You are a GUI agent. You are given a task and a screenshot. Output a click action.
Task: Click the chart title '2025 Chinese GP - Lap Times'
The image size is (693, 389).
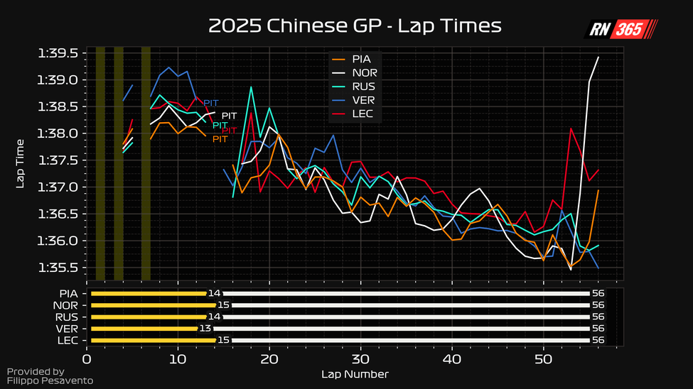[x=355, y=26]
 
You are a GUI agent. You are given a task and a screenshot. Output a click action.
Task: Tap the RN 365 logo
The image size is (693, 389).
[x=621, y=29]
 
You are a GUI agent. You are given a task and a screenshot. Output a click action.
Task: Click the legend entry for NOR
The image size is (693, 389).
[x=365, y=72]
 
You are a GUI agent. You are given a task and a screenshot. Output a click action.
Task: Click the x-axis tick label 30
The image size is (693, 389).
[x=360, y=359]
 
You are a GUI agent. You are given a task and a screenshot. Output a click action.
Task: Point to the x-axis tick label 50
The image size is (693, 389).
[x=543, y=359]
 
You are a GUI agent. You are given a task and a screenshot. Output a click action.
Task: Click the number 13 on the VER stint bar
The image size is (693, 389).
[x=205, y=329]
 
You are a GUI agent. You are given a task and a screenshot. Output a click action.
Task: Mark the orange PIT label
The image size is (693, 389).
[x=220, y=139]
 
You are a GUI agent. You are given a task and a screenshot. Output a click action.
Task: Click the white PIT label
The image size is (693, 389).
[x=229, y=116]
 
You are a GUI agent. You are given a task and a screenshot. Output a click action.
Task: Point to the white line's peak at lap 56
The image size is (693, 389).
[x=598, y=57]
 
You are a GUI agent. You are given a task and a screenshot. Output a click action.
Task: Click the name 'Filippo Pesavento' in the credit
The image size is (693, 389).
[x=50, y=381]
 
